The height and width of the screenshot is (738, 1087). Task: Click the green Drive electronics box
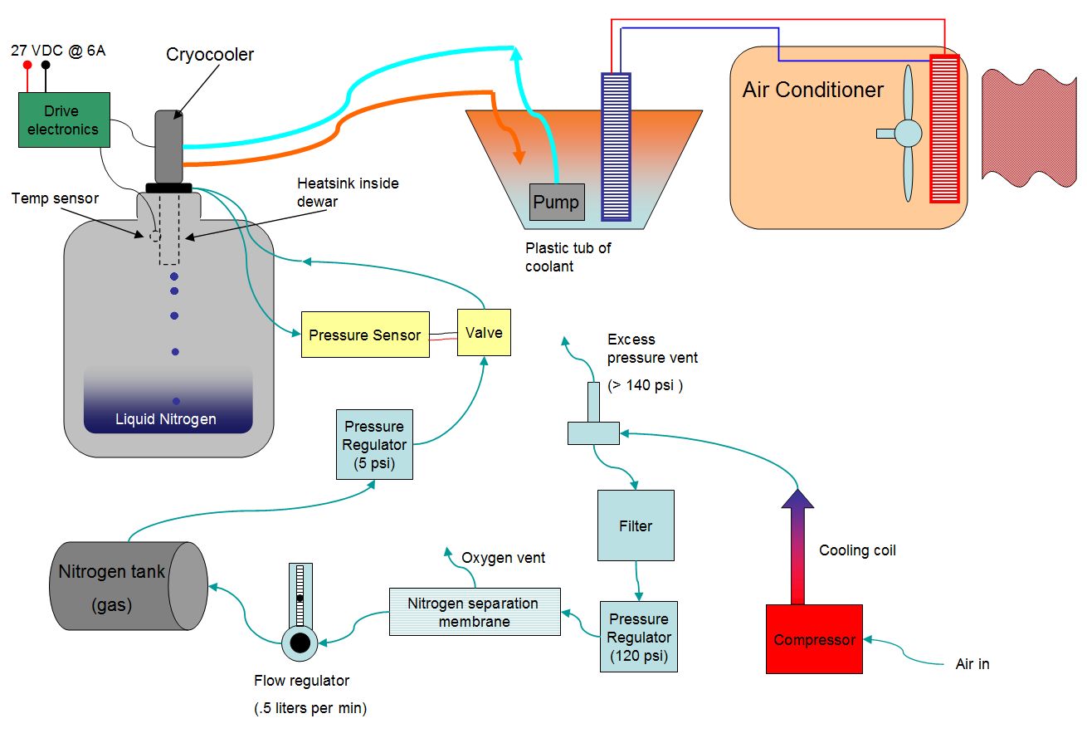point(64,120)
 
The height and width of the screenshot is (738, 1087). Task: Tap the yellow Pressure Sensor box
point(365,335)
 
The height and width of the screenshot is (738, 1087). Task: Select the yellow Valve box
point(484,332)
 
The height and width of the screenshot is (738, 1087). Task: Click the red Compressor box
point(813,638)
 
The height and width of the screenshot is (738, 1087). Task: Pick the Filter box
point(636,525)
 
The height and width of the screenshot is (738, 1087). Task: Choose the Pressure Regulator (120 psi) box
point(638,636)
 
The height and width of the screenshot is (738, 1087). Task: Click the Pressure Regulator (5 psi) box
point(374,444)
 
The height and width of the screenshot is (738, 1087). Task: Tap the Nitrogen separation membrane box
point(474,612)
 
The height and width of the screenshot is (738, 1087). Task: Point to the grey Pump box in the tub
point(556,202)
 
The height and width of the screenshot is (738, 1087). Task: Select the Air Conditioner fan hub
point(907,133)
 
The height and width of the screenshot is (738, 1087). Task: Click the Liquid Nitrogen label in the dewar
point(167,419)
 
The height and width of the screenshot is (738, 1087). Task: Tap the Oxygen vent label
point(504,558)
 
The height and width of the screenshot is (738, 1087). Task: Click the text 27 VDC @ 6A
point(58,51)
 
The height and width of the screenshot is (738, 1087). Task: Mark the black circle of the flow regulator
point(300,643)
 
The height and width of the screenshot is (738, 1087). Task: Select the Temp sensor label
point(56,198)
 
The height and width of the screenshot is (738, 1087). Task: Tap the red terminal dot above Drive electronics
point(27,65)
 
